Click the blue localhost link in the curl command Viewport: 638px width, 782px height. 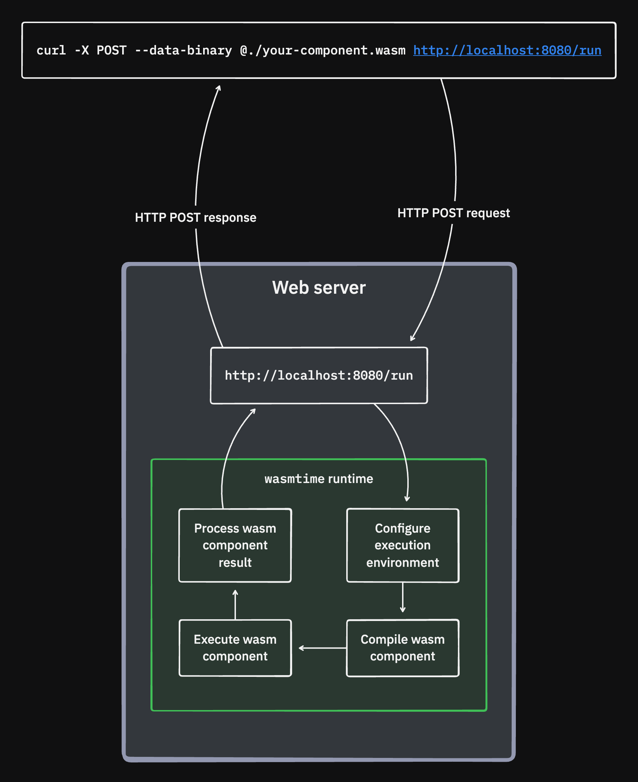507,50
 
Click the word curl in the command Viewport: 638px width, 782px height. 51,50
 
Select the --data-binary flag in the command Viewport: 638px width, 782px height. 183,50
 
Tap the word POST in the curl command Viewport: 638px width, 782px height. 111,50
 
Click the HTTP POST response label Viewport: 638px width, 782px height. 195,217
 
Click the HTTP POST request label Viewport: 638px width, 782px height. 453,213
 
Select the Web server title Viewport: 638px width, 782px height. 319,287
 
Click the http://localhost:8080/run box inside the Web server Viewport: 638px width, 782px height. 319,375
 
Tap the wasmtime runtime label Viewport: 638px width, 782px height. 319,478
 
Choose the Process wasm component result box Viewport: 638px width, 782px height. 235,545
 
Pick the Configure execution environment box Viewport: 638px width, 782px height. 402,545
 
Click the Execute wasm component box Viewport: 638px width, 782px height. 235,648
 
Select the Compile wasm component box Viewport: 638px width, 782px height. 402,648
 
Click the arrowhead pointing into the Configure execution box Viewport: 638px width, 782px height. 407,499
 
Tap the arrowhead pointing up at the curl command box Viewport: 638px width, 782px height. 219,88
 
